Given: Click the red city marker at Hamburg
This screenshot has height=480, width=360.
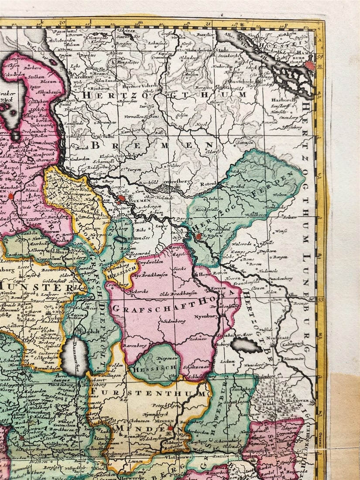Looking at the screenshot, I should point(310,65).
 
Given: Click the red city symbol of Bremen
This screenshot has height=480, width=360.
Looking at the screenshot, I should point(122,199).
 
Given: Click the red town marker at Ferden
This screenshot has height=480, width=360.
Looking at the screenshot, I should point(199,236).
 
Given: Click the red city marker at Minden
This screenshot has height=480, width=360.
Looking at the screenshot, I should point(171,428).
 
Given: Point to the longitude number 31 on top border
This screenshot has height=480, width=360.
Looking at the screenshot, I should point(208,23).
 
